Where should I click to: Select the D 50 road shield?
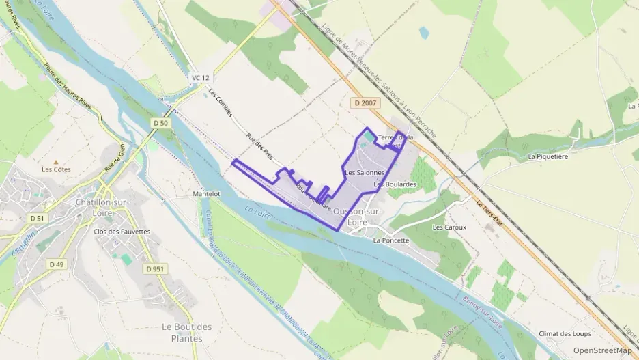(x=160, y=122)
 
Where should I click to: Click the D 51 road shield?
(x=37, y=218)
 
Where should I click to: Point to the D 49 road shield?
(x=56, y=264)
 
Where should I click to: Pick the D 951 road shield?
(x=155, y=268)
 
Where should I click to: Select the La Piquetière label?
(x=548, y=156)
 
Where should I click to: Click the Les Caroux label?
(x=448, y=226)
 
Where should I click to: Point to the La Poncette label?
(x=391, y=240)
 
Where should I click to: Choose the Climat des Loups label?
(x=564, y=333)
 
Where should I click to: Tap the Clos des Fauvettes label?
(x=122, y=232)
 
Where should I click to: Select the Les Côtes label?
(x=56, y=169)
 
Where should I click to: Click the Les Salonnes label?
(x=365, y=173)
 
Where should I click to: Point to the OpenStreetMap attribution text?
(x=602, y=350)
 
